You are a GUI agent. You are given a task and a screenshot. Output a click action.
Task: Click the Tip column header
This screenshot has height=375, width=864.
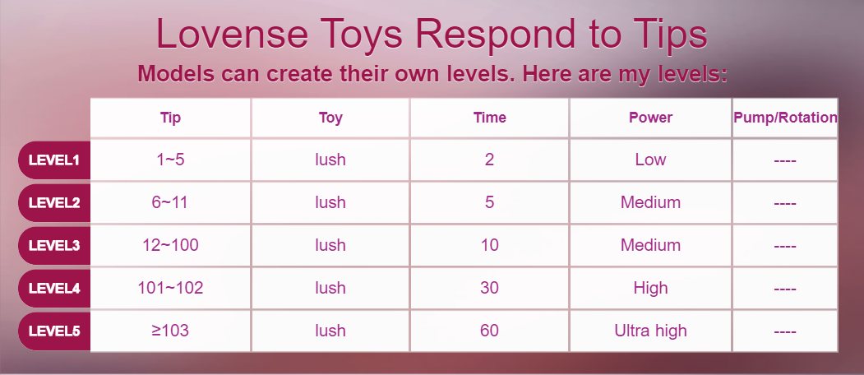(170, 118)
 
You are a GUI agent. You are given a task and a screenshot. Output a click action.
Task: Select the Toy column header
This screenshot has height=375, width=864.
(330, 118)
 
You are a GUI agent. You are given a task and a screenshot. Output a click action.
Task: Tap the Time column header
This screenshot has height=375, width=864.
(489, 118)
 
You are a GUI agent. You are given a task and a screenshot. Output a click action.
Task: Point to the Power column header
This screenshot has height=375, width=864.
(651, 118)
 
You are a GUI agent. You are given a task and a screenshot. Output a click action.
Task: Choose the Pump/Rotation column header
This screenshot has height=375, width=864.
(785, 118)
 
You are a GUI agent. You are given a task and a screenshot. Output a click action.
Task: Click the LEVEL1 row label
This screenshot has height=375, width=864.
(54, 160)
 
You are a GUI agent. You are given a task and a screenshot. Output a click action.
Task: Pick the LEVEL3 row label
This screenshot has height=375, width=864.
(54, 245)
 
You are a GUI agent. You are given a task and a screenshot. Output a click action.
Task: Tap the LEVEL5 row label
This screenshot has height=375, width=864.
(54, 331)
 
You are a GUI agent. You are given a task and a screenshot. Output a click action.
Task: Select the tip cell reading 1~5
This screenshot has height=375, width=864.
(170, 160)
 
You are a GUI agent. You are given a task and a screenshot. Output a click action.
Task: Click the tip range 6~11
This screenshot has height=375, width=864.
(169, 202)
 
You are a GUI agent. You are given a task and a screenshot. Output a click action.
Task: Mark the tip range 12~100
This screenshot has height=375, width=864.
(170, 245)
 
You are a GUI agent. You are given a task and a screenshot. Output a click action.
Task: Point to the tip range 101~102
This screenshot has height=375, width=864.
(170, 288)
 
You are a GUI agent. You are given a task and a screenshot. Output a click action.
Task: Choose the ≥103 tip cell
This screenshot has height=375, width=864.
(170, 331)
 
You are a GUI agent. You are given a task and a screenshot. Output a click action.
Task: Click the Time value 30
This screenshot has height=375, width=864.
(489, 288)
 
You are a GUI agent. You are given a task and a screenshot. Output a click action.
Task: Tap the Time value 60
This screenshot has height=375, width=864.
(489, 331)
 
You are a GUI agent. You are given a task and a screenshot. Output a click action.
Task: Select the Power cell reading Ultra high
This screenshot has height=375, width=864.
(651, 331)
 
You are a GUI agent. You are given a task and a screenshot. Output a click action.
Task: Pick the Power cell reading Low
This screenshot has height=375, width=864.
(651, 160)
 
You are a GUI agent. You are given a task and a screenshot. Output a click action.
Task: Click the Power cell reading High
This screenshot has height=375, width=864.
(651, 288)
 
